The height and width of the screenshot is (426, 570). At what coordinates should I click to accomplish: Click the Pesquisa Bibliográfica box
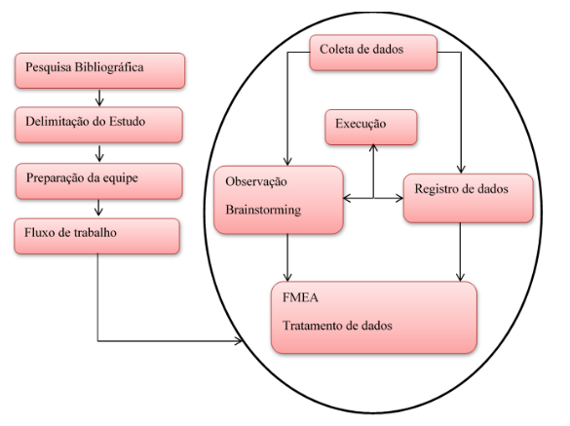coord(100,70)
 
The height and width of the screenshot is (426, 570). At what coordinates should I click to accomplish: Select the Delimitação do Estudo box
coord(98,125)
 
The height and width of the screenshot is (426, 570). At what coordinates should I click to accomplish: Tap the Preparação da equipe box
coord(98,181)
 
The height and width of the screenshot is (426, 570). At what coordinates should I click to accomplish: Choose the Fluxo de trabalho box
coord(97,236)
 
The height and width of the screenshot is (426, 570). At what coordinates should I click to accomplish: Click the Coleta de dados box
coord(373,53)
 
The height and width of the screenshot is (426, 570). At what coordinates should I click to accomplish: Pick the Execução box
coord(371,128)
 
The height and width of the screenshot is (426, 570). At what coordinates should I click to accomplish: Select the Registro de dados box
coord(469,198)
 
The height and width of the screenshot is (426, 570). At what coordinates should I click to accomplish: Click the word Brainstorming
coord(263,211)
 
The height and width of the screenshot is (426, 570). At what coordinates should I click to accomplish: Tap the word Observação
coord(256,181)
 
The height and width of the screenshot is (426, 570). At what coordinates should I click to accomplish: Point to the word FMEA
coord(300,297)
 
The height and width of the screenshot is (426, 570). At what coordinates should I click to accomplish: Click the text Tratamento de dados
coord(337,326)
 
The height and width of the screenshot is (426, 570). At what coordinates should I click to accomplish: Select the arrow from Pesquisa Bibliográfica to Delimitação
coord(99,97)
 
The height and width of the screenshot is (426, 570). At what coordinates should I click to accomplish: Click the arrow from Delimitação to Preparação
coord(99,153)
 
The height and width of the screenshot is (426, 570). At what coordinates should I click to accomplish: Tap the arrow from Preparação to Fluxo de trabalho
coord(98,208)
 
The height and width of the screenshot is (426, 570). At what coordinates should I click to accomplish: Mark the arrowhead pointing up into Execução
coord(373,148)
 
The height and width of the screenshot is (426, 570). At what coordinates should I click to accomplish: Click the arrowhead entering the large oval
coord(239,341)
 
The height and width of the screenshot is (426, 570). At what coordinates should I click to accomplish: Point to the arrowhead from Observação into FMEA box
coord(287,278)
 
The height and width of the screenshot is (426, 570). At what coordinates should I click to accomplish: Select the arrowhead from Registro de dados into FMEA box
coord(460,278)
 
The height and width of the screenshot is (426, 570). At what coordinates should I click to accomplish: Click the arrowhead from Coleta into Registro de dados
coord(461,170)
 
